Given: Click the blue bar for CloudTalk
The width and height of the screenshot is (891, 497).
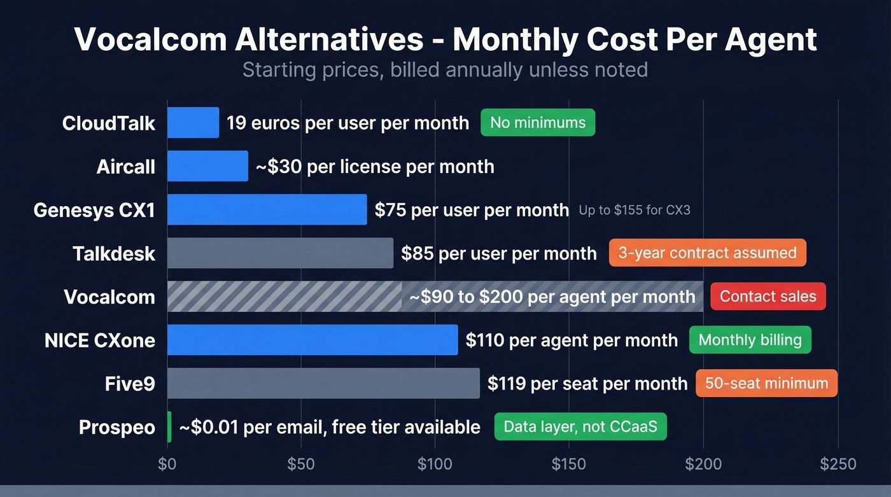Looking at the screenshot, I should [x=193, y=123].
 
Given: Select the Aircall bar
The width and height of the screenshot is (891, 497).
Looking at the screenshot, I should [x=207, y=166].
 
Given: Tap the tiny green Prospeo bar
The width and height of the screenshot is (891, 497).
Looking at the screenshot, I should [x=169, y=426].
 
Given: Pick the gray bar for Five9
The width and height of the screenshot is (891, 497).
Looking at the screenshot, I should [x=323, y=383].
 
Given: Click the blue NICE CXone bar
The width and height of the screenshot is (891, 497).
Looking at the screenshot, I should [x=312, y=340].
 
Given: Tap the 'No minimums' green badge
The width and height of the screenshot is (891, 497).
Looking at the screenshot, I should [x=538, y=122].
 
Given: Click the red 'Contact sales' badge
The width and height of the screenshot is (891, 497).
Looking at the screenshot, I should [x=768, y=297].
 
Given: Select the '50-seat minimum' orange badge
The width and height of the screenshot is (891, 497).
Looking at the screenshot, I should [x=766, y=383].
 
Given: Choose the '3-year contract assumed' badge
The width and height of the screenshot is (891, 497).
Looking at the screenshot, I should [x=707, y=253].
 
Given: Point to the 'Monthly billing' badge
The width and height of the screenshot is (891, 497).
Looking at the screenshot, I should [x=750, y=340].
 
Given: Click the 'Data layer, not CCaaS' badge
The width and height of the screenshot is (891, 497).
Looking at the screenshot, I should [x=580, y=426].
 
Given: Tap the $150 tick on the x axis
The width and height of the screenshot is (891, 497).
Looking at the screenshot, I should [x=568, y=464].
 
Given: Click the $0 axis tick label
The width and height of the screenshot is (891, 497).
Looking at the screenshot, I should [x=167, y=464].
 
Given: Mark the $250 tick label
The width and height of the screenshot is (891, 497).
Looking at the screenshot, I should [x=838, y=464].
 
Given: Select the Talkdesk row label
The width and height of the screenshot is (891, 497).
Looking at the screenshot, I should [x=114, y=253].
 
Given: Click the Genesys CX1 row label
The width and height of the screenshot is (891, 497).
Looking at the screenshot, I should [x=94, y=210].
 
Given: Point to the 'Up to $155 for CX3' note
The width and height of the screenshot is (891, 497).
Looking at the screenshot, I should [x=634, y=210].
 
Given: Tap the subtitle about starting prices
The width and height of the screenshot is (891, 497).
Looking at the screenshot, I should [x=445, y=69].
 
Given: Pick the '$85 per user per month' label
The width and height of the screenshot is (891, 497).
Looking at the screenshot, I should [x=498, y=253].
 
